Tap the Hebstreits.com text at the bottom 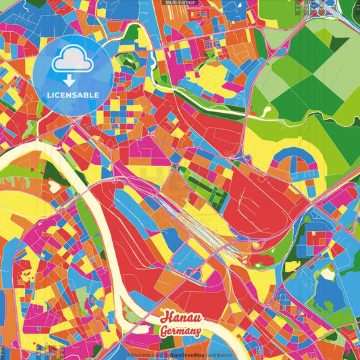144,355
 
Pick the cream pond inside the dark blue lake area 328,273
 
